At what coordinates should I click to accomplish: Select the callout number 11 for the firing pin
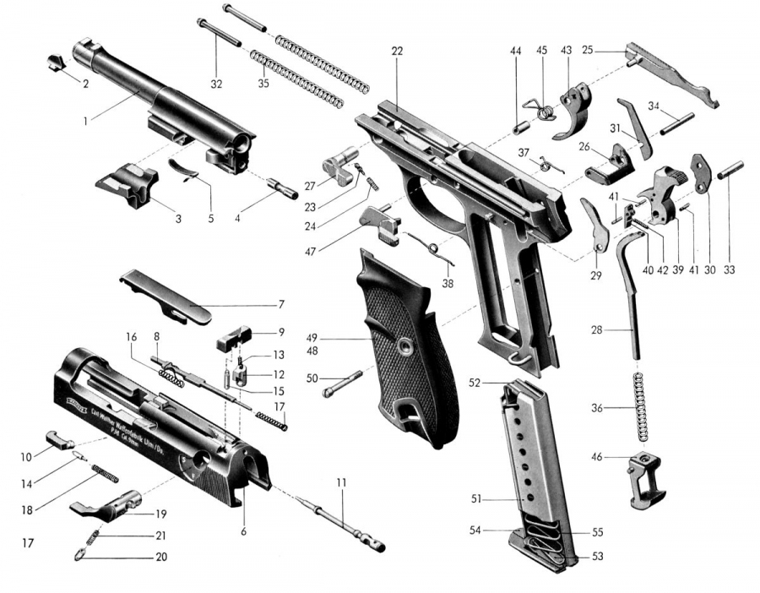pos(341,481)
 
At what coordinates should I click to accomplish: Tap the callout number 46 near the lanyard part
pos(596,456)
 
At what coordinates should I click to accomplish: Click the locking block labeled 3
pos(127,183)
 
